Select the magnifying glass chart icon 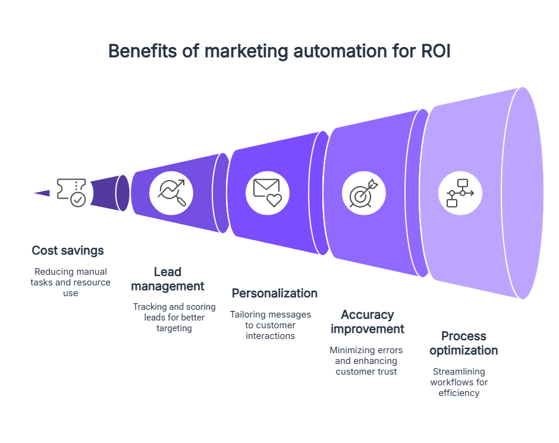coord(171,193)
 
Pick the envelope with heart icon coord(267,193)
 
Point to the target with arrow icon coord(363,193)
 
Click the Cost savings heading coord(67,250)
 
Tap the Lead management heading coord(167,279)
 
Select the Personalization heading coord(274,293)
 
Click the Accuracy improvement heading coord(367,322)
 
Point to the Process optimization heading coord(463,343)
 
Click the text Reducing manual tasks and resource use coord(70,282)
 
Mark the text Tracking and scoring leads coord(167,317)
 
